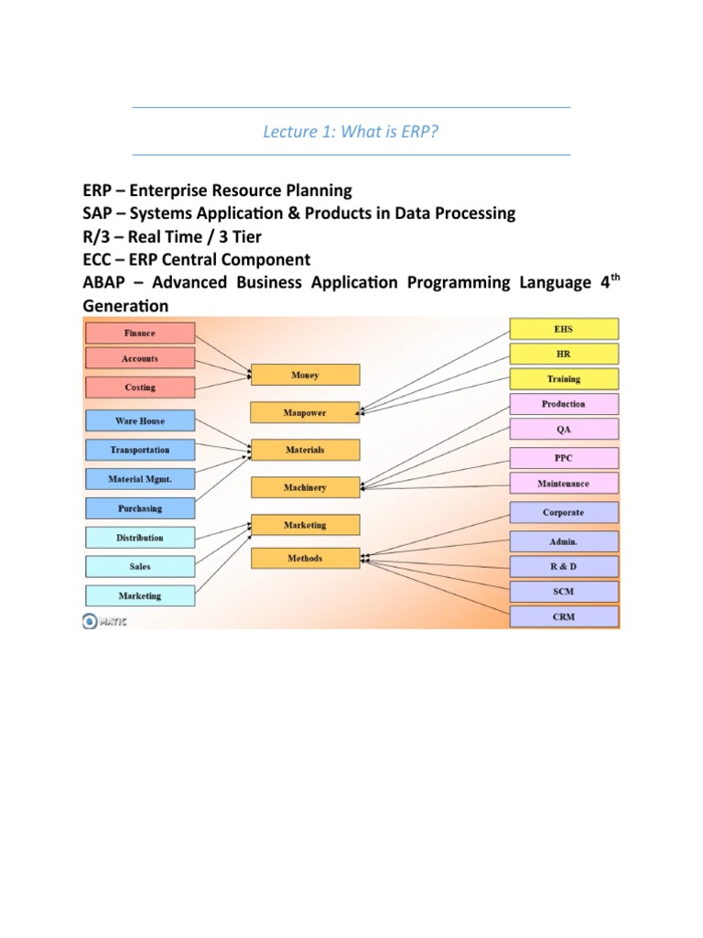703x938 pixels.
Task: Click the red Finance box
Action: tap(139, 333)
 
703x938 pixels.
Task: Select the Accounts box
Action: tap(139, 359)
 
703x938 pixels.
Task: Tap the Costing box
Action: tap(139, 387)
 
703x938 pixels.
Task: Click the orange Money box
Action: tap(305, 375)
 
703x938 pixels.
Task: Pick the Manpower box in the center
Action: tap(305, 413)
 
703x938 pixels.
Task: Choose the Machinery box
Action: tap(305, 487)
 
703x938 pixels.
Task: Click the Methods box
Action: tap(305, 558)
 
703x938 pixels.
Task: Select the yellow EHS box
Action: tap(563, 328)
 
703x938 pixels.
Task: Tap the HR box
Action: tap(563, 354)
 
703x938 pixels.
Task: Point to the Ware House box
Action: tap(139, 421)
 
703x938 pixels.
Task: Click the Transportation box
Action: tap(139, 450)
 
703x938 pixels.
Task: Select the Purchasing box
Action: tap(139, 508)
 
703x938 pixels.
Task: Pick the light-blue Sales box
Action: tap(139, 566)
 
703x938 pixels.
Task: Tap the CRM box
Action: tap(563, 616)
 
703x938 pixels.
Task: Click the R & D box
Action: tap(563, 566)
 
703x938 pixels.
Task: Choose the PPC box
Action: tap(563, 458)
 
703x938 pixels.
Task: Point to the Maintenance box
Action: tap(563, 483)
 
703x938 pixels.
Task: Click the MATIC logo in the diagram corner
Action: tap(105, 622)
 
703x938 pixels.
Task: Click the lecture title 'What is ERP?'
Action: tap(351, 132)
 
